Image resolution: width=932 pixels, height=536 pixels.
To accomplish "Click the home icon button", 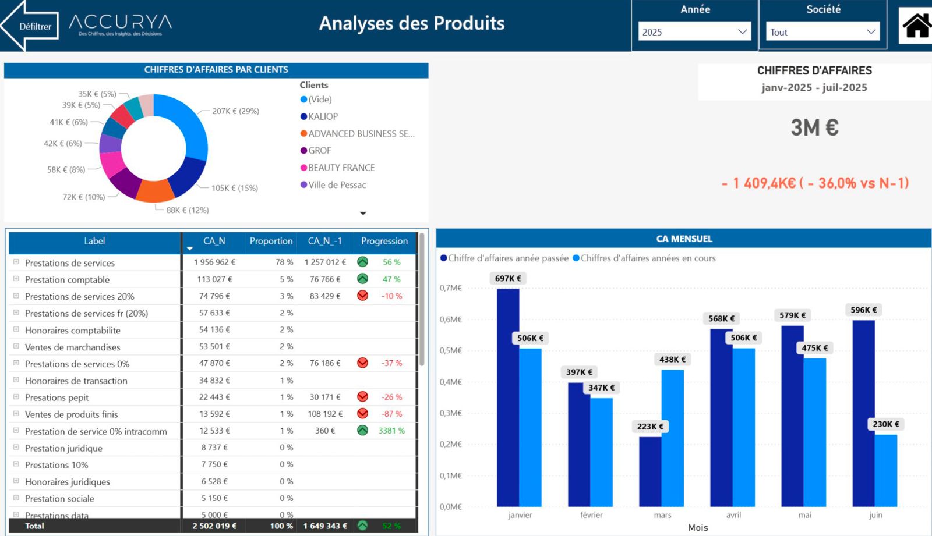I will pos(916,26).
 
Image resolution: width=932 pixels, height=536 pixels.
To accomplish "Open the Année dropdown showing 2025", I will pos(694,32).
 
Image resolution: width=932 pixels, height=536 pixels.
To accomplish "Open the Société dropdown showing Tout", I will pos(822,32).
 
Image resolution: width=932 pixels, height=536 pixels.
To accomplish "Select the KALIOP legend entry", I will pos(323,116).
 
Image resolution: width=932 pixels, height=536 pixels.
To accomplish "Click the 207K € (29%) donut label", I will pos(235,111).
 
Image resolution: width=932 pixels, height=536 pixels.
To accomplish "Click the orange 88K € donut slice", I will pos(155,191).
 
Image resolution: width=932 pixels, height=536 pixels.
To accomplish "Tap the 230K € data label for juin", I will pos(885,424).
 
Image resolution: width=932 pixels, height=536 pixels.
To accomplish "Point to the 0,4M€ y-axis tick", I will pos(450,382).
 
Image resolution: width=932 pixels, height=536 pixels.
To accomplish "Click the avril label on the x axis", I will pos(733,515).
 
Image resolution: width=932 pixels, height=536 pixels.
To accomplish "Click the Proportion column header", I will pos(271,241).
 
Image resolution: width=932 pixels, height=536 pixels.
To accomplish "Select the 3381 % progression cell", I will pos(391,431).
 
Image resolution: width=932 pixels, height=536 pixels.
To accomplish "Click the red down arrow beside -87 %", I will pos(362,414).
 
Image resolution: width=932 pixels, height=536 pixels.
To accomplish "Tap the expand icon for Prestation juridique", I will pos(16,448).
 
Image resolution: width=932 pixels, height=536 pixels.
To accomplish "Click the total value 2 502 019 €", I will pos(214,526).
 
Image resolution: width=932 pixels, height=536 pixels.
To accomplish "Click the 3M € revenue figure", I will pos(814,127).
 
